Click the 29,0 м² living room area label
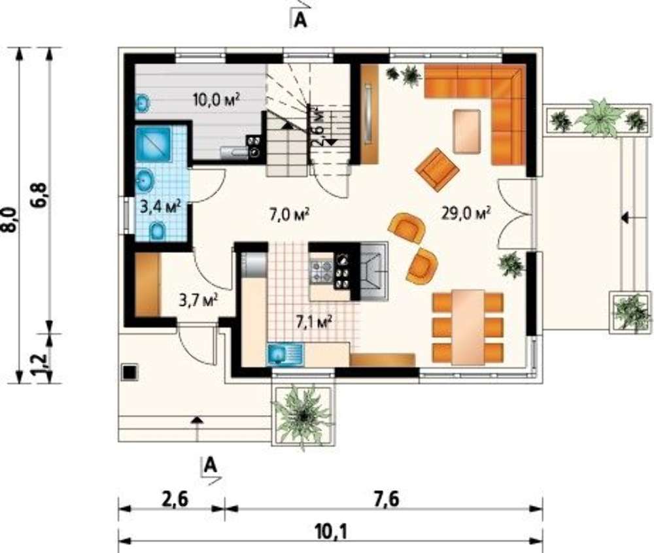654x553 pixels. click(466, 213)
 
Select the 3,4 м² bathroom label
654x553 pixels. click(160, 207)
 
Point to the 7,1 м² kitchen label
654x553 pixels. click(314, 322)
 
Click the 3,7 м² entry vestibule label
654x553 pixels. click(199, 300)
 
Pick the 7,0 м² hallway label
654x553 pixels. click(288, 215)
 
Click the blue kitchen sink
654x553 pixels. click(285, 354)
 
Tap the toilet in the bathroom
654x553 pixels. click(157, 231)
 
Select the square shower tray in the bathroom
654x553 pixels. click(152, 144)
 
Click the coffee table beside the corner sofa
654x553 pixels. click(467, 131)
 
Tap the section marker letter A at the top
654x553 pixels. click(300, 20)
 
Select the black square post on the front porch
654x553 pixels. click(129, 372)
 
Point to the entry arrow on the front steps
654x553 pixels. click(197, 428)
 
